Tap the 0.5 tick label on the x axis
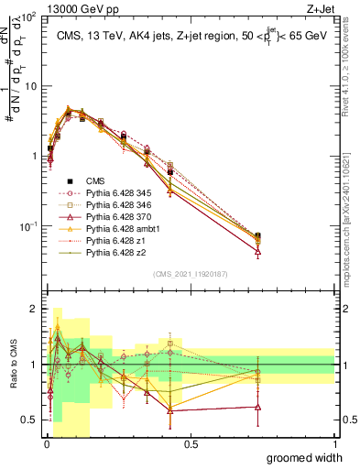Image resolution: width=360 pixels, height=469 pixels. [191, 442]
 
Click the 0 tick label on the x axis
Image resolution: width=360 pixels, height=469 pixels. [47, 442]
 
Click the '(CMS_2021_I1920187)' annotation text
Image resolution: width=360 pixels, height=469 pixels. [191, 273]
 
